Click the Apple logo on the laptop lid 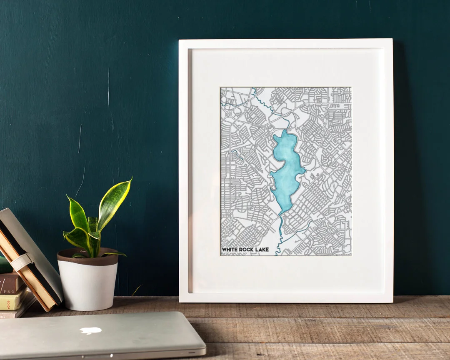click(x=90, y=330)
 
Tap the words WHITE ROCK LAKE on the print click(x=245, y=250)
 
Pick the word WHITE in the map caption click(x=230, y=250)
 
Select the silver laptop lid click(x=100, y=333)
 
